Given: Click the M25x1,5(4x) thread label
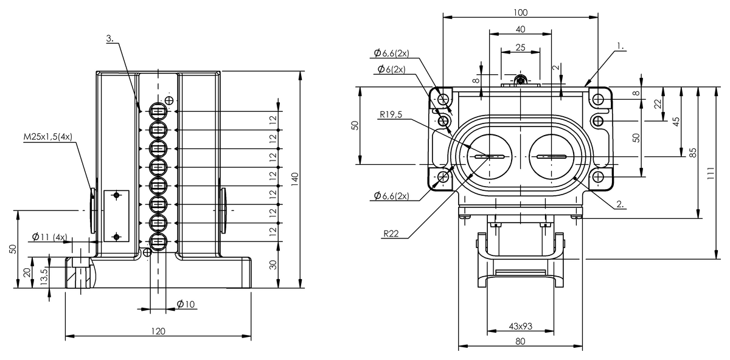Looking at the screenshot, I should tap(48, 137).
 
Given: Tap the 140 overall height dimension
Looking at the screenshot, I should tap(295, 178).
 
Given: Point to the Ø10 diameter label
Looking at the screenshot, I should tap(186, 305).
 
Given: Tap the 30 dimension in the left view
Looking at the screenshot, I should tap(273, 265).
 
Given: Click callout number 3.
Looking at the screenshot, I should tap(110, 38).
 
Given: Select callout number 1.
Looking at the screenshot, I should tap(620, 46).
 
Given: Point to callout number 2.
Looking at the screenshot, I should tap(620, 204).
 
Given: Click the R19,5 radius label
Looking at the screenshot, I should tap(391, 113).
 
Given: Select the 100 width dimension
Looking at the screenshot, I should tap(521, 12).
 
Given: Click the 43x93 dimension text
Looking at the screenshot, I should tap(520, 327).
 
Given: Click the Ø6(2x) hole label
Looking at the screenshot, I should tap(392, 69).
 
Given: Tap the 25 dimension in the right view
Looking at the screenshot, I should tap(520, 47).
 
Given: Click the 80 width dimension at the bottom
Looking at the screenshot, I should tap(520, 342).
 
